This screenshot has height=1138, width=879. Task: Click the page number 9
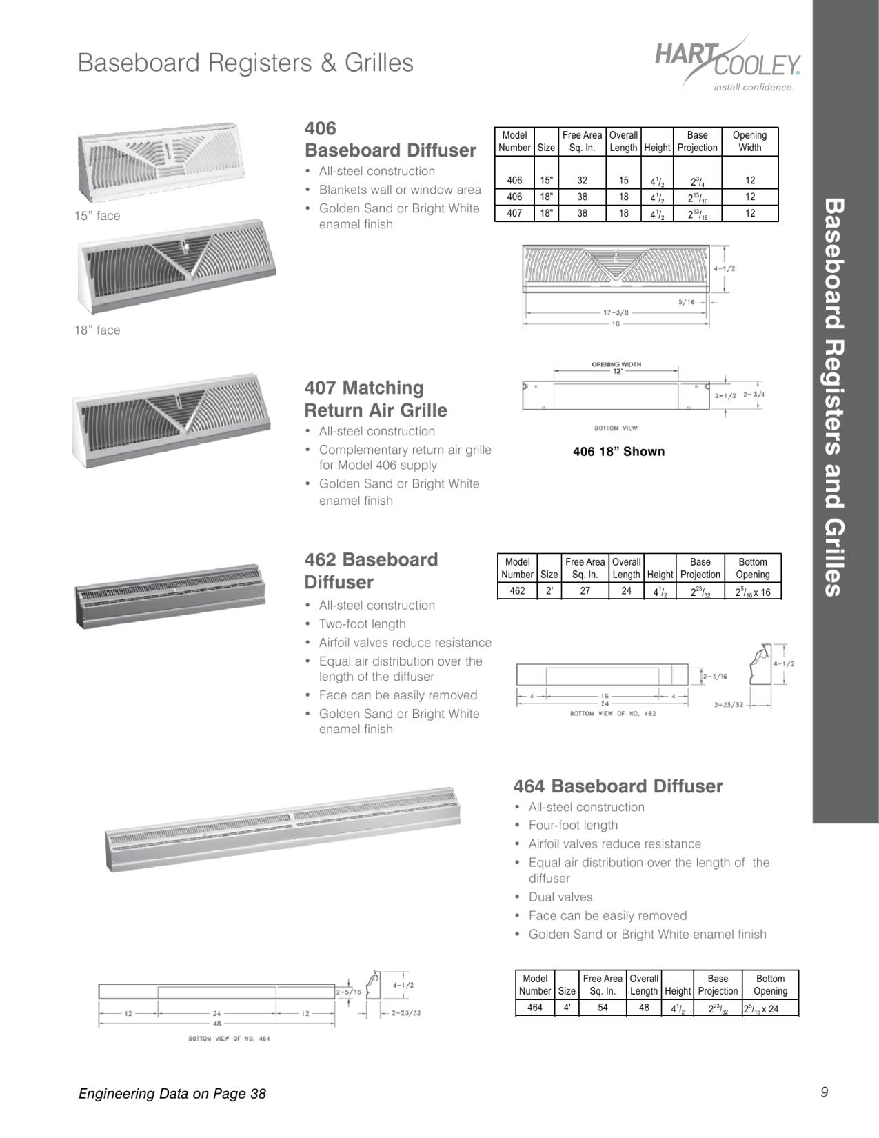(x=824, y=1092)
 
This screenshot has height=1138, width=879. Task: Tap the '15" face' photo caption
(x=97, y=216)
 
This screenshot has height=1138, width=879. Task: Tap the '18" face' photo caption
(x=97, y=330)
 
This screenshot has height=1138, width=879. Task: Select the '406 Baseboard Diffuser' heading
(x=390, y=139)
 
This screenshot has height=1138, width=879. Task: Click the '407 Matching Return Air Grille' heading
(x=376, y=399)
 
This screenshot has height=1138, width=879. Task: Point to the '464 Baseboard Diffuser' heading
(x=618, y=786)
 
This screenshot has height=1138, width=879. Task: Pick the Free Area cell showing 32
(x=583, y=181)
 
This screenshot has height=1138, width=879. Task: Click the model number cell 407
(x=514, y=213)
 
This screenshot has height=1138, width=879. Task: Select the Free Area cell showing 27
(x=585, y=590)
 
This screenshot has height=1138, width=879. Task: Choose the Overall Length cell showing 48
(x=644, y=1008)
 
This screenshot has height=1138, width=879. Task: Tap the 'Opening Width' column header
(x=749, y=141)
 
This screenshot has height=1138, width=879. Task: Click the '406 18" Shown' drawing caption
(x=618, y=452)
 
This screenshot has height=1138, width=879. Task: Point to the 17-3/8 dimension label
(x=616, y=312)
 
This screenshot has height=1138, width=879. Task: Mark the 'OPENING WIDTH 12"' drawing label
(x=616, y=368)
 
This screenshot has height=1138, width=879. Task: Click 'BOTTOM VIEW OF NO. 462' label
(x=613, y=714)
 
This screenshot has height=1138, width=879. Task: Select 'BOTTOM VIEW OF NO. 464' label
(x=229, y=1039)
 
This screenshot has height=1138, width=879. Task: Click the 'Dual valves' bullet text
(x=560, y=897)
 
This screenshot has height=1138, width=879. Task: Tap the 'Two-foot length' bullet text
(x=362, y=624)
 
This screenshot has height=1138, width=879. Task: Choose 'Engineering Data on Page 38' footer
(x=172, y=1093)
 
